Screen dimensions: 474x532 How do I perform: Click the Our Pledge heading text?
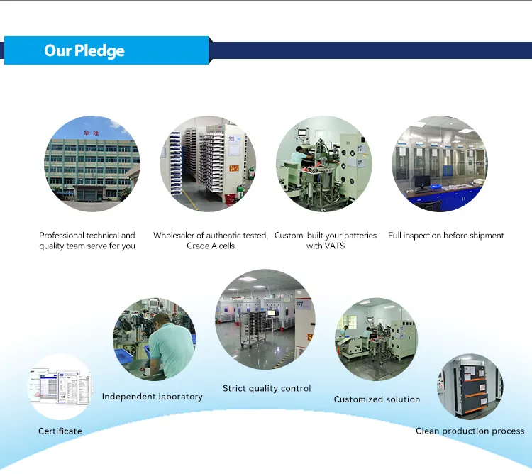[84, 50]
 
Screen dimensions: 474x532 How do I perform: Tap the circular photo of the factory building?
[92, 164]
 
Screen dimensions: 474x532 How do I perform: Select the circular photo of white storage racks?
[208, 164]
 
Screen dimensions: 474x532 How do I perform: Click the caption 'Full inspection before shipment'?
[446, 236]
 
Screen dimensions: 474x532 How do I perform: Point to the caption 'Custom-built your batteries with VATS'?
[326, 241]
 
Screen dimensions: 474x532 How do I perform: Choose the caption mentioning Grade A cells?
[211, 241]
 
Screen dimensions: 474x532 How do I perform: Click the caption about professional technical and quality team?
[87, 241]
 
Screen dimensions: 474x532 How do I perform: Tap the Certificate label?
[60, 431]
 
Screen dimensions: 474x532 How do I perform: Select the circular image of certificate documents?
[60, 387]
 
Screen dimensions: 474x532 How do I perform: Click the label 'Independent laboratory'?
[152, 397]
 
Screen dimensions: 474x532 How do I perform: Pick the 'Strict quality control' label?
[267, 388]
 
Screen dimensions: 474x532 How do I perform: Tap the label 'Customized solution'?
[377, 399]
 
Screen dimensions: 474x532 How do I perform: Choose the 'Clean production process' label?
[470, 431]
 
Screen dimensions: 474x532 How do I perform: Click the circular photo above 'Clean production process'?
[470, 387]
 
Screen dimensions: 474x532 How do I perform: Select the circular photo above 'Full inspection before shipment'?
[440, 164]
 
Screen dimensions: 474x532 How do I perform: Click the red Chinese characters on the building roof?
[92, 133]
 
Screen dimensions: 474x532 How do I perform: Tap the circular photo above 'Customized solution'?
[377, 339]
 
